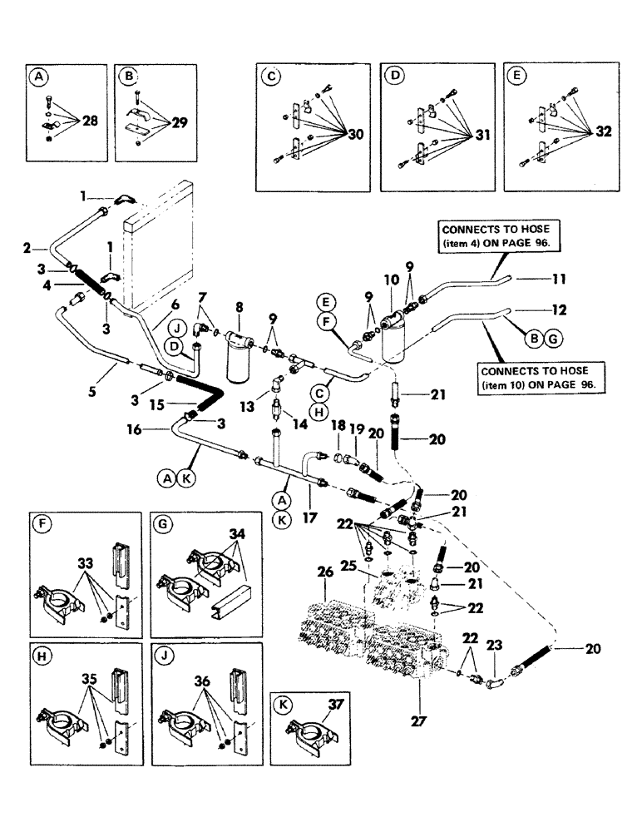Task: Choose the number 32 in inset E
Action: pos(602,131)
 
